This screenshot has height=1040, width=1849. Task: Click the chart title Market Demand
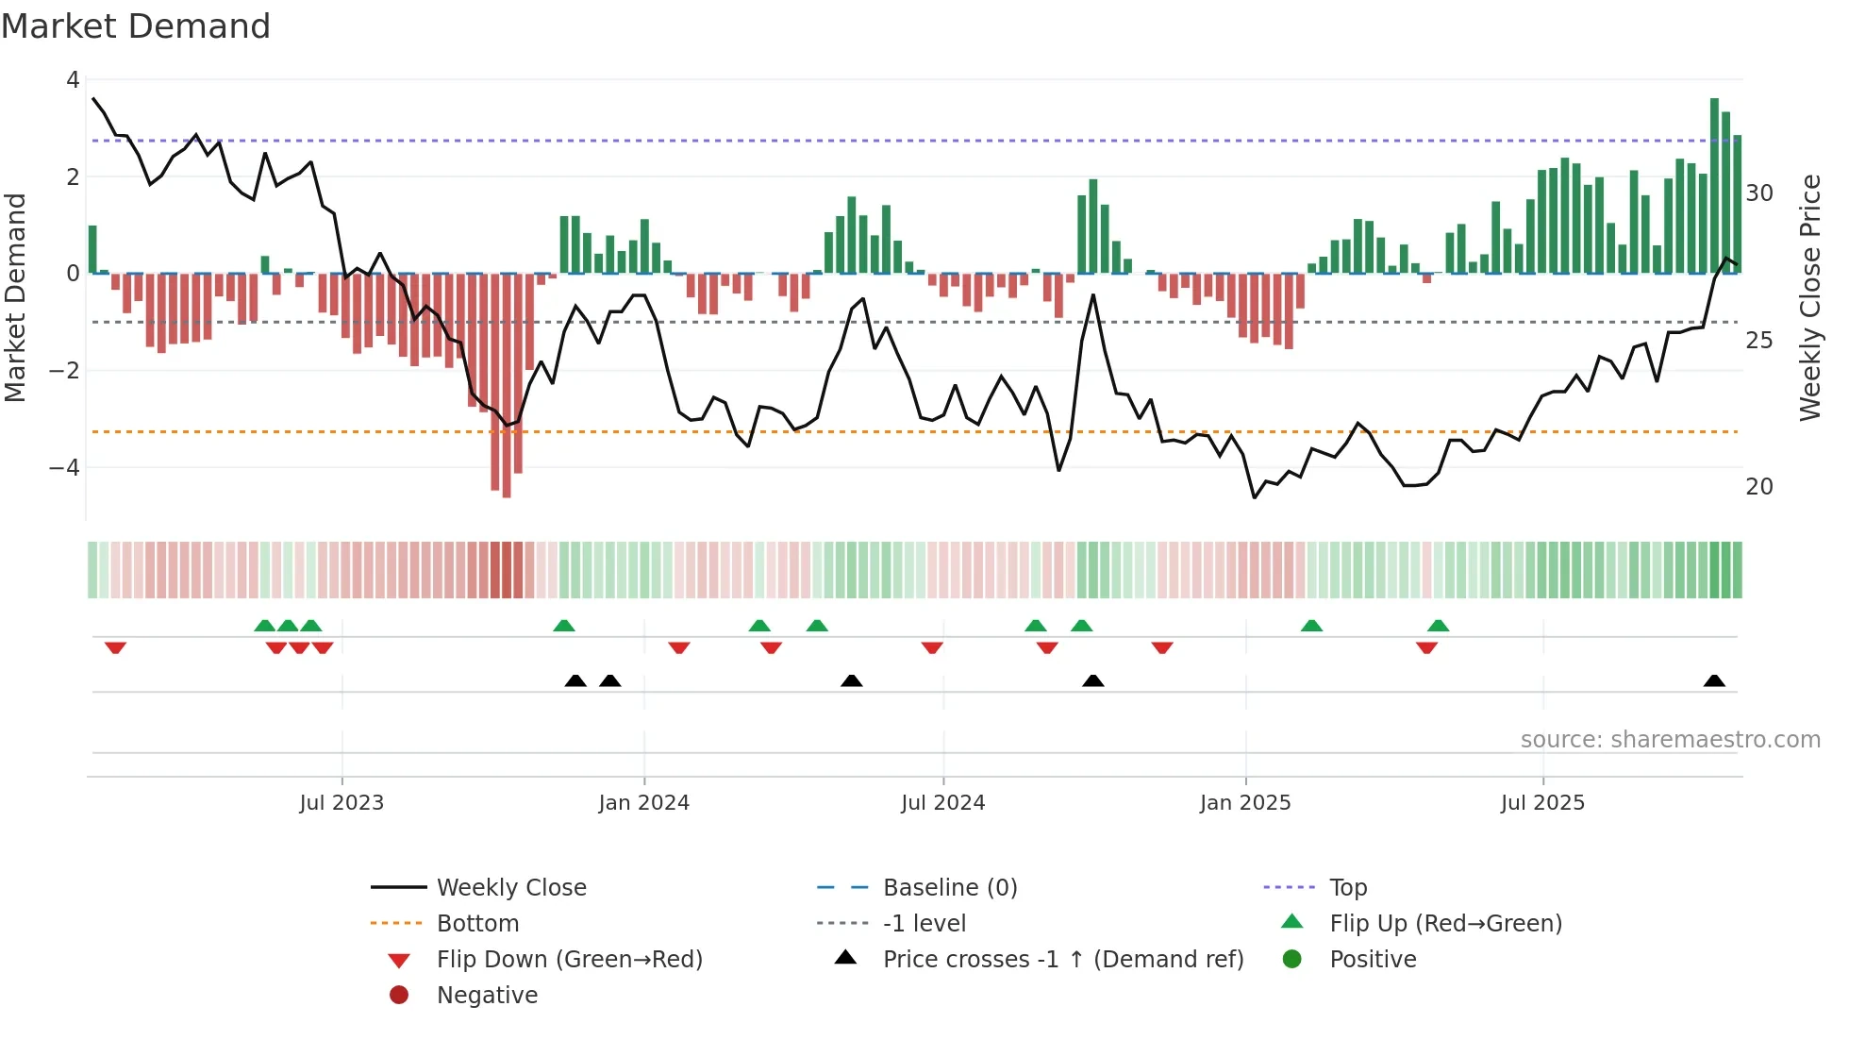pos(136,26)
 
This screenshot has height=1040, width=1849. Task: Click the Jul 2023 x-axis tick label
pos(341,803)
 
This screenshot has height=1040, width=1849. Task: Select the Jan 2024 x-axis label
pos(643,803)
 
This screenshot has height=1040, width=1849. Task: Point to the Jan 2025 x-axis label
pos(1245,803)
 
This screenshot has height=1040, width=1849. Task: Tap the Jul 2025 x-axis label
pos(1542,803)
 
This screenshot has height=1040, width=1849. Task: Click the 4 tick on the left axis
pos(73,80)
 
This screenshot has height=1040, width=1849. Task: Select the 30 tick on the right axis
pos(1759,193)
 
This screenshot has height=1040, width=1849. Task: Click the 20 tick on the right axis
pos(1759,487)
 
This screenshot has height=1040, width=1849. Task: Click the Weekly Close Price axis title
pos(1809,297)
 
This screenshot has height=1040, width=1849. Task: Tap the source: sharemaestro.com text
pos(1670,740)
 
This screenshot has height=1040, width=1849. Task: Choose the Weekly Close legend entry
pos(510,888)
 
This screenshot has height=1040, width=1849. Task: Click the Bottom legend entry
pos(477,924)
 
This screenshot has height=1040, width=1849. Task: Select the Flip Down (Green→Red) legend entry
pos(569,960)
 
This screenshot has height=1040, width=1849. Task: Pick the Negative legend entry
pos(487,996)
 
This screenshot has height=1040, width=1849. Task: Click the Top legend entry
pos(1348,888)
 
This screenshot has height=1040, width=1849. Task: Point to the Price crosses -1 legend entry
pos(1062,960)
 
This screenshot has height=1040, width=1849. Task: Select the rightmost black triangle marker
pos(1714,681)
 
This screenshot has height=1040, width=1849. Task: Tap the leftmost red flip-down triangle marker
pos(115,647)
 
